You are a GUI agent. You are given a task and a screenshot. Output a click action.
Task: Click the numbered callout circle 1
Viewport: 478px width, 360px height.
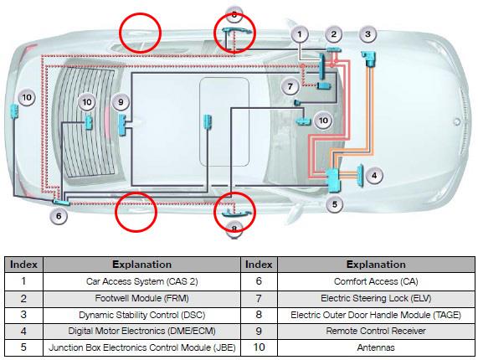tap(300, 34)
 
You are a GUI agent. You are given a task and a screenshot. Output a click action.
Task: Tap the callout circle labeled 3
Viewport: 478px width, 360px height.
tap(367, 34)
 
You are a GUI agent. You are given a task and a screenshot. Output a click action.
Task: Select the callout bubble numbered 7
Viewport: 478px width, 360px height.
tap(290, 86)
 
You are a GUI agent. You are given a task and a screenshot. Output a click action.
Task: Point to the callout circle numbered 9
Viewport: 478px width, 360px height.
tap(121, 102)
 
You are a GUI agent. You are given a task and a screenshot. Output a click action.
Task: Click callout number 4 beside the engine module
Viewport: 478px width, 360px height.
tap(374, 175)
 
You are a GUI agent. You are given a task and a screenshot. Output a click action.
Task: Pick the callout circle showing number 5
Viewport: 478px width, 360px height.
tap(334, 204)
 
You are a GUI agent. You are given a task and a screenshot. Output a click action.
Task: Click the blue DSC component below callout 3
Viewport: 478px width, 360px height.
tap(369, 59)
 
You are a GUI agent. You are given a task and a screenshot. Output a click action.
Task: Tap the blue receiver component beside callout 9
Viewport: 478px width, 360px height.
tap(122, 125)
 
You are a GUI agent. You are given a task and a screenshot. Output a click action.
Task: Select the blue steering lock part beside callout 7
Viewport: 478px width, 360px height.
tap(324, 86)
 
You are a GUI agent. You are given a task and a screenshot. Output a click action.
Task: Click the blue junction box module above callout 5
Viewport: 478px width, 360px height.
tap(333, 181)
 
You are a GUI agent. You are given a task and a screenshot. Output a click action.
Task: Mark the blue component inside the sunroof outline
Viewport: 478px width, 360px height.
tap(208, 121)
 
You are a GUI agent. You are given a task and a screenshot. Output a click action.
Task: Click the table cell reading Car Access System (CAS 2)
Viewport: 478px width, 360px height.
tap(141, 281)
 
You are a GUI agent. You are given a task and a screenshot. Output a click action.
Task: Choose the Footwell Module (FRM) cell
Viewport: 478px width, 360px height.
tap(141, 298)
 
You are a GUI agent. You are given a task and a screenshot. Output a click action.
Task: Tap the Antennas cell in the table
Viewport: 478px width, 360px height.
tap(376, 347)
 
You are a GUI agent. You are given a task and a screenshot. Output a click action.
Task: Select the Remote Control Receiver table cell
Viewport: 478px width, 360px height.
tap(376, 331)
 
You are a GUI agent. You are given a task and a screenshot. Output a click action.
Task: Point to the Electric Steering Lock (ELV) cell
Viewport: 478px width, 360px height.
tap(376, 298)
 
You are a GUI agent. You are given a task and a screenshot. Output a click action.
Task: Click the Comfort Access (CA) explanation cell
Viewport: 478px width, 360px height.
tap(376, 281)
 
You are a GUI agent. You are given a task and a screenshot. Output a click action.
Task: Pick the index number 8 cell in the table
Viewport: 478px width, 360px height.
tap(259, 315)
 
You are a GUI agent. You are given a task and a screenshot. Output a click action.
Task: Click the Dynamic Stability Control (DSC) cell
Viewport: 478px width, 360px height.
tap(141, 315)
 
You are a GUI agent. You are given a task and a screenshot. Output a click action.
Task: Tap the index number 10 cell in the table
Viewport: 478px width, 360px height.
tap(259, 347)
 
